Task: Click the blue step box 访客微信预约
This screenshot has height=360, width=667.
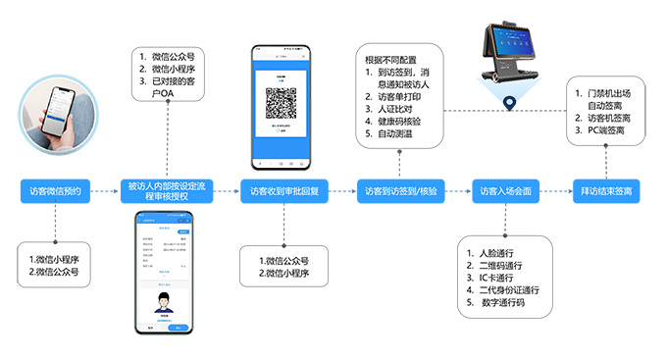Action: (62, 190)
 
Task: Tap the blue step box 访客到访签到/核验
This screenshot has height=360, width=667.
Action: (401, 190)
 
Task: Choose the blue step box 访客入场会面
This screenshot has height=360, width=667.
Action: (504, 190)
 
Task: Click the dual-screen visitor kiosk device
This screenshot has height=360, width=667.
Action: (510, 54)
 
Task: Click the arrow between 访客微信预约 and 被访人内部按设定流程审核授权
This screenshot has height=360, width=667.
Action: (112, 190)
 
